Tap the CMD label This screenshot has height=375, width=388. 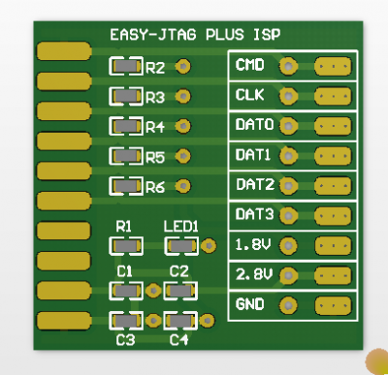(250, 66)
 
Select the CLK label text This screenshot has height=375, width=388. (250, 95)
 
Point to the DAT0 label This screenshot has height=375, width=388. (254, 125)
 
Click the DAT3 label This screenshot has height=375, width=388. (254, 214)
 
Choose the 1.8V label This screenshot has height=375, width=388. (252, 244)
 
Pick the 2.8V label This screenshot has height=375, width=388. (252, 274)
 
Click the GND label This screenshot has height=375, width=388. (250, 304)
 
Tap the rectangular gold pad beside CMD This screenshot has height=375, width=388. (333, 66)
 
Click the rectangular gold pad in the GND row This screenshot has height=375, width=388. (333, 306)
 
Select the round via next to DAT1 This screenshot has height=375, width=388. (287, 155)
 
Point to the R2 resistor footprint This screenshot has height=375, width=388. (124, 67)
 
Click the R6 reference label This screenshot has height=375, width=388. (155, 187)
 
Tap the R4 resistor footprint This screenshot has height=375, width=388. (124, 126)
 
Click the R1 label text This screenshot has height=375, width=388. (123, 226)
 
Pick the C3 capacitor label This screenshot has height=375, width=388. (124, 340)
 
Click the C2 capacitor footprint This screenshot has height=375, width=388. (178, 290)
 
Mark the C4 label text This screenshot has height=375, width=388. (178, 340)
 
